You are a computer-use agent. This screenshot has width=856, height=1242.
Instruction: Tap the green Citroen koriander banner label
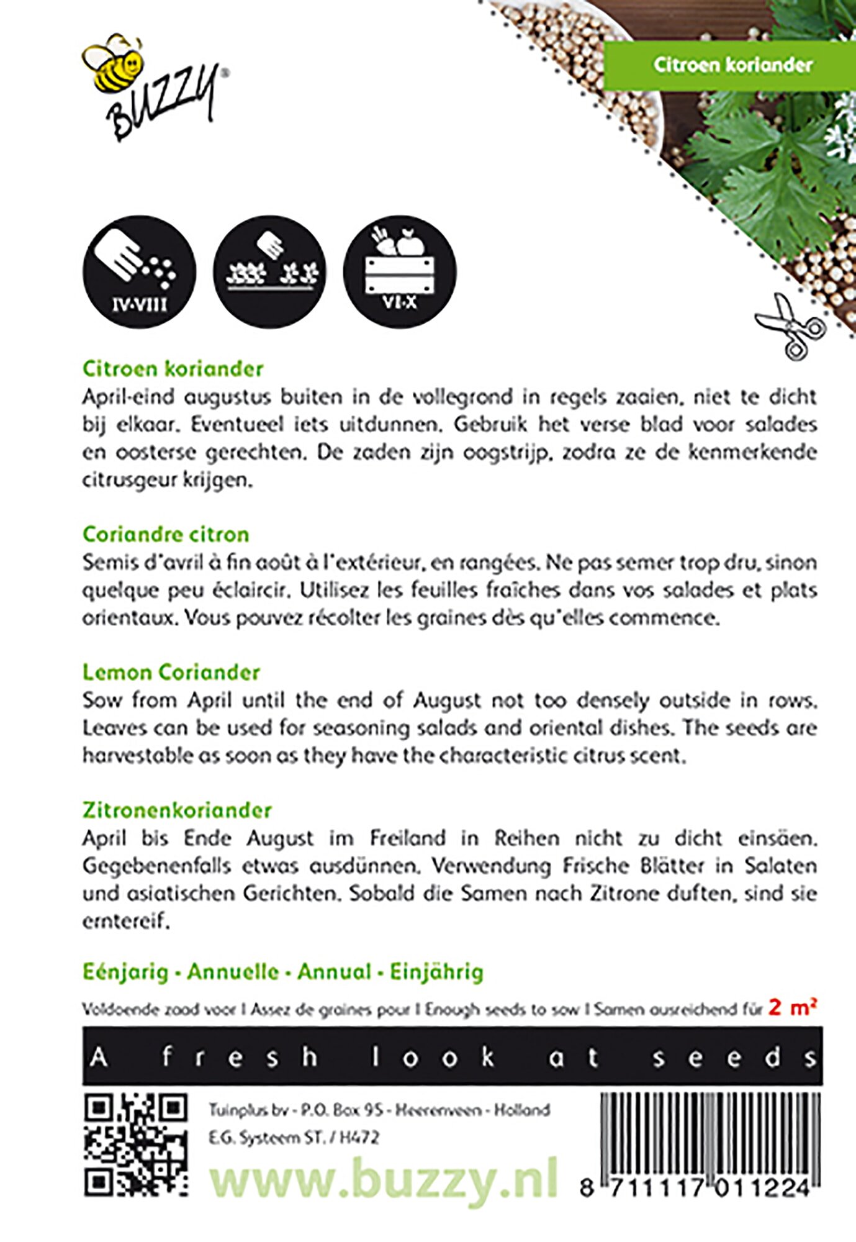[732, 65]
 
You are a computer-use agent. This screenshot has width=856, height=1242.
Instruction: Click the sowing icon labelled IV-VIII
[139, 272]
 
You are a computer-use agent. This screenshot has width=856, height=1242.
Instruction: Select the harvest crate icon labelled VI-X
[400, 272]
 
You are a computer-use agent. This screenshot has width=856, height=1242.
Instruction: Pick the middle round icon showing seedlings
[269, 272]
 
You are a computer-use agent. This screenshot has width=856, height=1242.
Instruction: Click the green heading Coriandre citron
[166, 535]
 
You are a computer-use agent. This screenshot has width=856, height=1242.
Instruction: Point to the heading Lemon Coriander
[171, 673]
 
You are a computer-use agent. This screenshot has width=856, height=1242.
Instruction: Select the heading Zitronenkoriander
[177, 810]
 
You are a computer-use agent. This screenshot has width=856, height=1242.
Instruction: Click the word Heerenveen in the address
[439, 1110]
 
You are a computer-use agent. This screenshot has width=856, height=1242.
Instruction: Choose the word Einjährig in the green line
[436, 972]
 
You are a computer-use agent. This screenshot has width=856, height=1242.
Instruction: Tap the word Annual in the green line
[334, 972]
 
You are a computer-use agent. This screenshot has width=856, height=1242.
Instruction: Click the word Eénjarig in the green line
[125, 972]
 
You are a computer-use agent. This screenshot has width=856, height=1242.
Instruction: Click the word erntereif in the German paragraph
[125, 922]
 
